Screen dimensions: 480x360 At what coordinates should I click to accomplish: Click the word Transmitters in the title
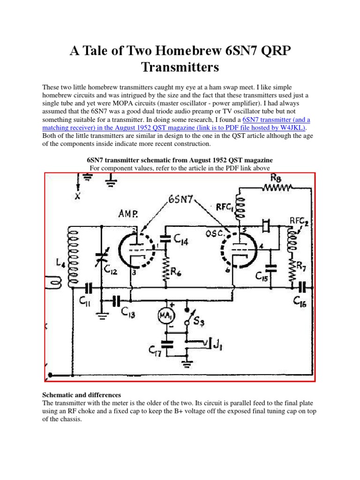point(180,67)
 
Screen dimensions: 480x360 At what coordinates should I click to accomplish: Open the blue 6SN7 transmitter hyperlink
point(276,120)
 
